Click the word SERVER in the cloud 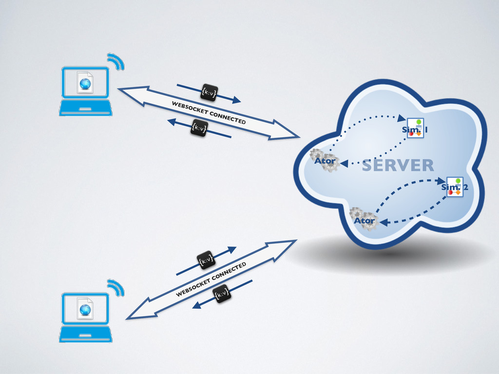pyautogui.click(x=398, y=166)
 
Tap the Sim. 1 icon pyautogui.click(x=415, y=128)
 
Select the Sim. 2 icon pyautogui.click(x=455, y=187)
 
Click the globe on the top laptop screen pyautogui.click(x=86, y=83)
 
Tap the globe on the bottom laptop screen pyautogui.click(x=85, y=309)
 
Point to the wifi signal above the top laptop pyautogui.click(x=116, y=61)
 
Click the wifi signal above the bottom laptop pyautogui.click(x=116, y=287)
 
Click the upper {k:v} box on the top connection pyautogui.click(x=209, y=92)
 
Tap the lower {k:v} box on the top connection pyautogui.click(x=199, y=128)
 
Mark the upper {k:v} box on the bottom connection pyautogui.click(x=206, y=261)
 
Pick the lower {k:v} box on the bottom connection pyautogui.click(x=222, y=294)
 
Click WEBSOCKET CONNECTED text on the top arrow pyautogui.click(x=208, y=112)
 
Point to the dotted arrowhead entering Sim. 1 pyautogui.click(x=401, y=118)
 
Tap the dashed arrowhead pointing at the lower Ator pyautogui.click(x=383, y=223)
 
